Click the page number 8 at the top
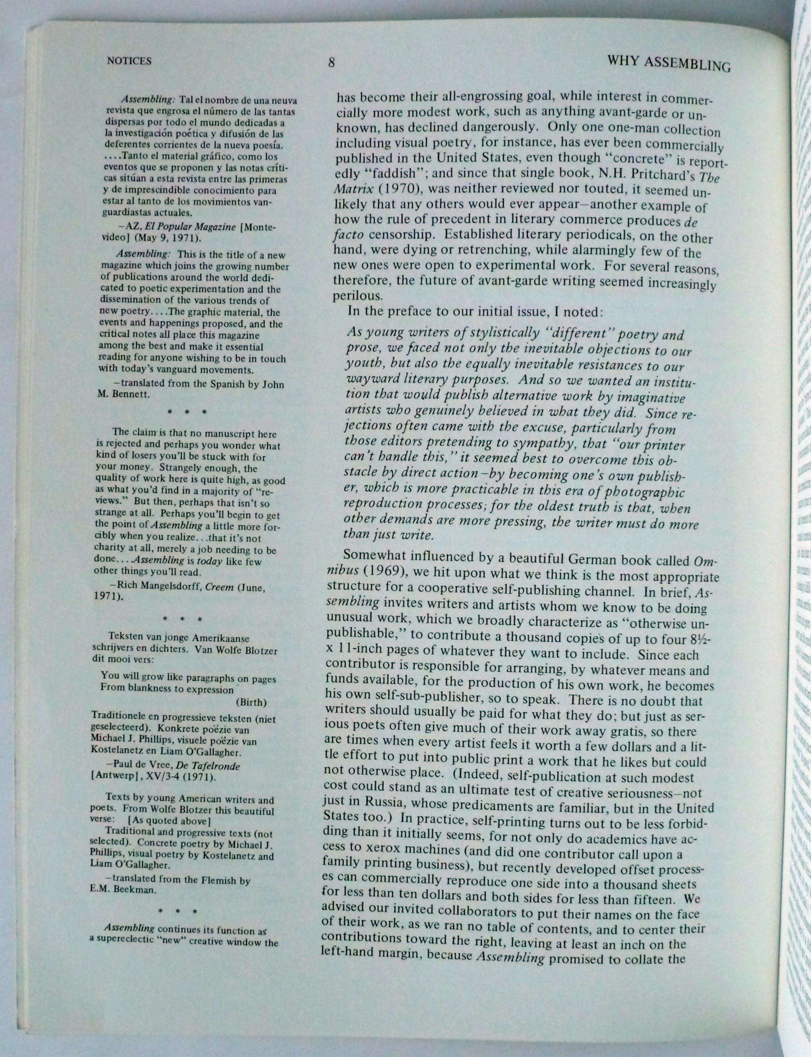(331, 63)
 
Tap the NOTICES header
(129, 61)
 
